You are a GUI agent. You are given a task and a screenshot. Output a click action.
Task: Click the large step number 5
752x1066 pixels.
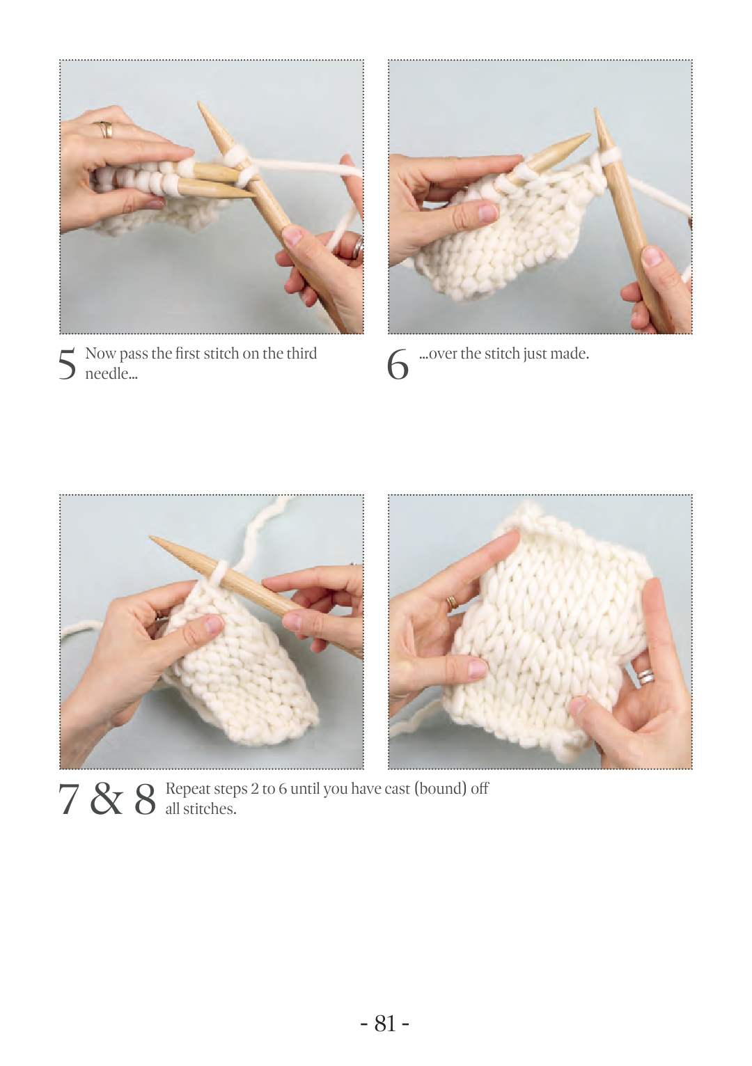click(x=67, y=364)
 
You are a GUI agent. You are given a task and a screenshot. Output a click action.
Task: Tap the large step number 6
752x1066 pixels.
click(x=398, y=364)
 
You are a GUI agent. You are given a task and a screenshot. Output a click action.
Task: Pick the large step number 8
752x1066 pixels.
click(x=145, y=799)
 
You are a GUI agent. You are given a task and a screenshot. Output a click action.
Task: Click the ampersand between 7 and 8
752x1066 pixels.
click(x=107, y=799)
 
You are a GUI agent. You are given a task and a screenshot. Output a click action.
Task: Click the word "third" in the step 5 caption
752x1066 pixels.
click(x=301, y=354)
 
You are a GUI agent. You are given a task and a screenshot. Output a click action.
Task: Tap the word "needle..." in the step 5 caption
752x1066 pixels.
click(x=111, y=374)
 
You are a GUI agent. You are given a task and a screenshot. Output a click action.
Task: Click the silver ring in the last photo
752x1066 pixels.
click(x=646, y=676)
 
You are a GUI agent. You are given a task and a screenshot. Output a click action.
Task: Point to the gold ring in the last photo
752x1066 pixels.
click(x=452, y=603)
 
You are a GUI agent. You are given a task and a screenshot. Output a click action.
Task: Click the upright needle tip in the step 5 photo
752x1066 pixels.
click(x=200, y=103)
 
